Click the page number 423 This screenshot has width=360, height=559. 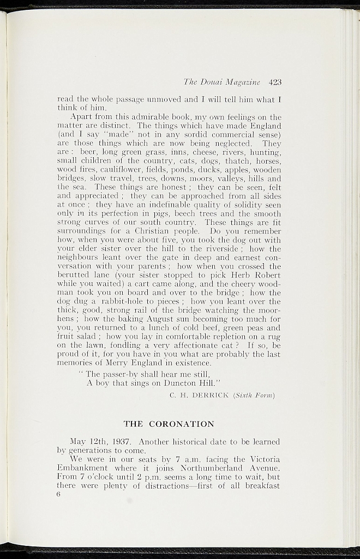coord(275,82)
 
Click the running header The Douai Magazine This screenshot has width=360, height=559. coord(222,82)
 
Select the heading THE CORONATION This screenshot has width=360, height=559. coord(169,424)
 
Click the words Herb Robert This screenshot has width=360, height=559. coord(258,275)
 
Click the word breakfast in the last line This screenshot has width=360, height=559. coord(261,486)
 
